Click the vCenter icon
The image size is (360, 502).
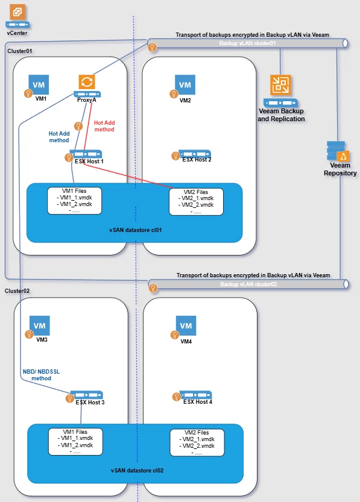point(17,16)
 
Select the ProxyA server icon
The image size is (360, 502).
point(87,86)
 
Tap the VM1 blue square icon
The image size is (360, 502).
point(39,84)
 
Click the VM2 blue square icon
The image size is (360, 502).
point(185,84)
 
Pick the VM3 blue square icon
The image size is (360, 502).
point(40,325)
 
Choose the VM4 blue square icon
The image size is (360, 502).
point(186,325)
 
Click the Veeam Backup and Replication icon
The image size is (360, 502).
point(280,90)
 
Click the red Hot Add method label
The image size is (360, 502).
point(104,126)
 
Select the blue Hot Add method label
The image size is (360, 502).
point(59,137)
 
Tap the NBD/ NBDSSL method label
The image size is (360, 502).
point(41,375)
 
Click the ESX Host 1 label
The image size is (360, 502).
point(89,162)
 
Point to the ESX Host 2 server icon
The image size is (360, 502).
point(195,153)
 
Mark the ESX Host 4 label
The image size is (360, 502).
point(198,401)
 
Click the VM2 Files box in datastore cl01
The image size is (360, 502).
point(196,202)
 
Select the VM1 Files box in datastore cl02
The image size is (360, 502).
point(75,442)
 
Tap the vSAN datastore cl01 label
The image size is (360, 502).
point(136,230)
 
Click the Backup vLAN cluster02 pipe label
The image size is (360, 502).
point(248,284)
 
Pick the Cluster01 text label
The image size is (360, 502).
point(19,51)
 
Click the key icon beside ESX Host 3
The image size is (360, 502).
point(69,398)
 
